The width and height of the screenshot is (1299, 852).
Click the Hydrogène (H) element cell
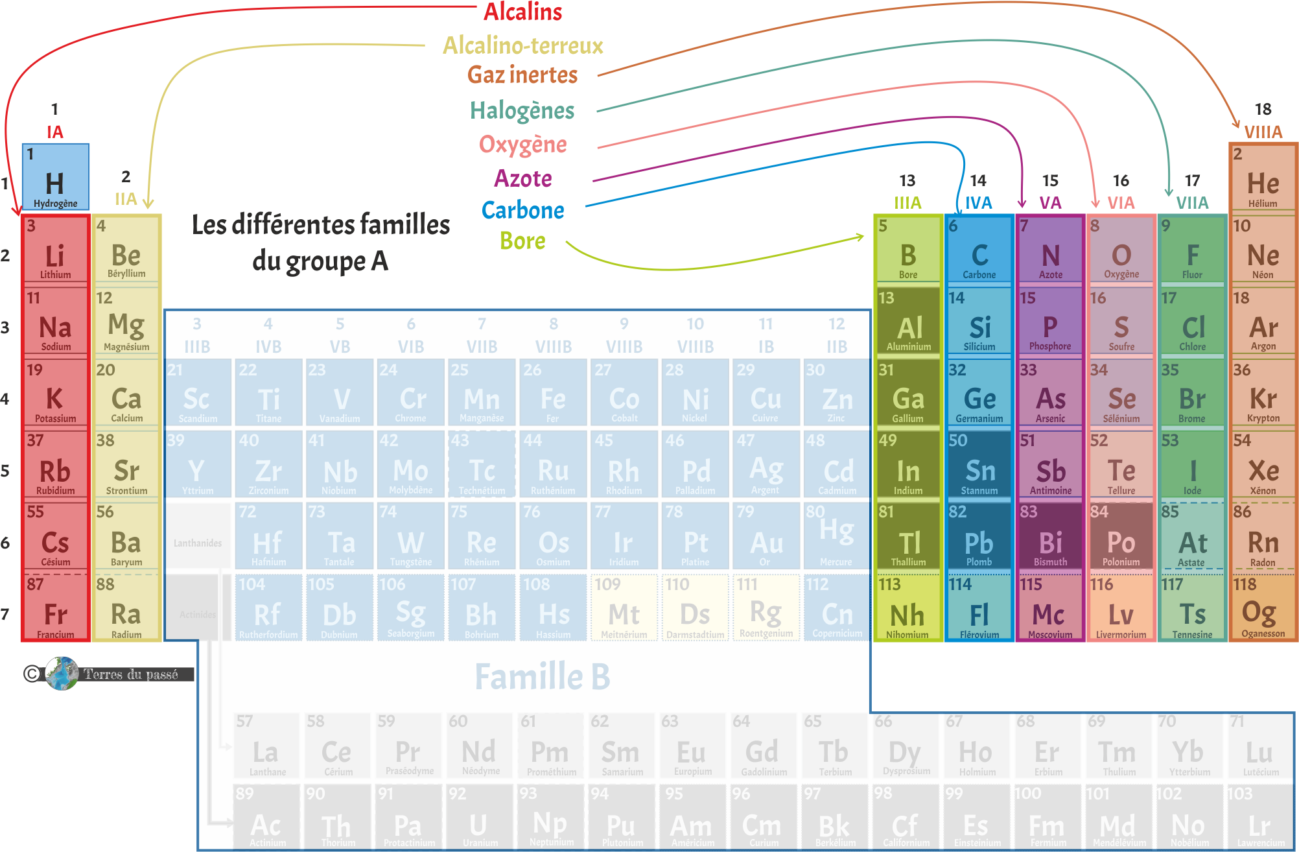tap(55, 177)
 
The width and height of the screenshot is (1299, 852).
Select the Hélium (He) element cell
tap(1263, 177)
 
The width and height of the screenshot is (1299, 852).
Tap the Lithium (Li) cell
tap(55, 250)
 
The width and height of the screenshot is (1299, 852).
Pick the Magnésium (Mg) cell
tap(126, 322)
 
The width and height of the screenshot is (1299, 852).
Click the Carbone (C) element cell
tap(979, 250)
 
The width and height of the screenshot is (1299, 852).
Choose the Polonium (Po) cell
tap(1121, 537)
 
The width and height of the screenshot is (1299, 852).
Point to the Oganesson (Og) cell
tap(1263, 609)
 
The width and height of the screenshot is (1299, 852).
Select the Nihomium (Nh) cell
tap(907, 609)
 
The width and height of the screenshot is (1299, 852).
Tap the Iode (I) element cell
tap(1192, 466)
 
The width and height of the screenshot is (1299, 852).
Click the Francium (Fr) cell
tap(55, 609)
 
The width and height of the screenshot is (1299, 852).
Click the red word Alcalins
tap(522, 12)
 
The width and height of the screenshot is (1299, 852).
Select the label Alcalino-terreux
tap(522, 45)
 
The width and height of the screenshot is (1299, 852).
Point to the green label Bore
tap(522, 241)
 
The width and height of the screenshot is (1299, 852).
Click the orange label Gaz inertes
tap(522, 75)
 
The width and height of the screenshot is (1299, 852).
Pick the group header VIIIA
tap(1263, 132)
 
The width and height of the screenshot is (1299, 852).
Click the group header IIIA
tap(907, 203)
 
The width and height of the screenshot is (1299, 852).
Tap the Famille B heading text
tap(543, 676)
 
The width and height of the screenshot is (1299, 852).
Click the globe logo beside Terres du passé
tap(62, 674)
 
